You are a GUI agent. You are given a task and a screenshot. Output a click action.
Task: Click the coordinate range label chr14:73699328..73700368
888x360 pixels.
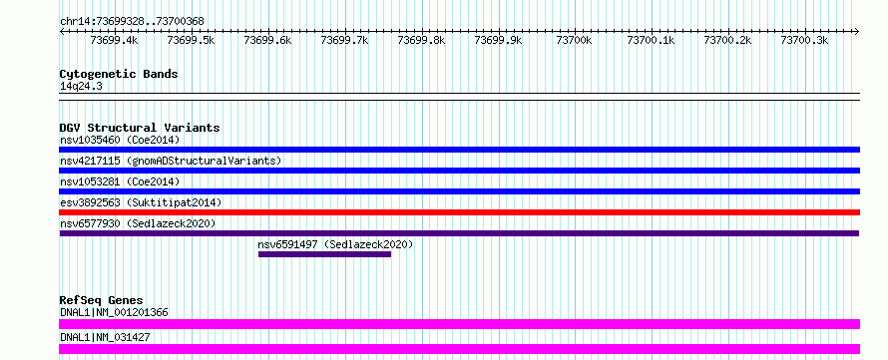(132, 22)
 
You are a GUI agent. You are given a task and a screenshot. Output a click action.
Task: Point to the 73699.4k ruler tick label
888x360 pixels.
(115, 40)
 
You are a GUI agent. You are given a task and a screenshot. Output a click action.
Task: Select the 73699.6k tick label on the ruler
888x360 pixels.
(267, 40)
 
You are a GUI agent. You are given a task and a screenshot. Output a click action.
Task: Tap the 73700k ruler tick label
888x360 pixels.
(575, 40)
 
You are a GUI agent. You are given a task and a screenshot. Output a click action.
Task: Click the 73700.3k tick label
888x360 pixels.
(805, 40)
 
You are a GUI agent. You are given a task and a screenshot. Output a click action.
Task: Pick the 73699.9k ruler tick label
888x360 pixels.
(498, 40)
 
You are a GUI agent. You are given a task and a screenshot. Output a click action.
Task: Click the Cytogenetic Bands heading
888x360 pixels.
(119, 74)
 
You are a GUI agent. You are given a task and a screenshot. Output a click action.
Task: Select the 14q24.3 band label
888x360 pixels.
(81, 87)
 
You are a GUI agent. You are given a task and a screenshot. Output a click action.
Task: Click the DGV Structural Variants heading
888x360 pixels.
(140, 128)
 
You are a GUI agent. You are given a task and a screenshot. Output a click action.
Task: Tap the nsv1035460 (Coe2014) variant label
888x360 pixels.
(120, 140)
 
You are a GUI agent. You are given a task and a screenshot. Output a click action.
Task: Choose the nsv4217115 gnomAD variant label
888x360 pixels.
(171, 161)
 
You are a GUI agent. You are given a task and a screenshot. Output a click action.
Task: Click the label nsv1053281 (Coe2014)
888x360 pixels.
(120, 181)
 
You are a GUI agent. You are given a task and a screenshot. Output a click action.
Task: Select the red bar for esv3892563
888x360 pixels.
(459, 212)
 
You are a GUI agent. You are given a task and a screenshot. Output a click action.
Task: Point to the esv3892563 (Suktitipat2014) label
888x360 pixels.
(141, 202)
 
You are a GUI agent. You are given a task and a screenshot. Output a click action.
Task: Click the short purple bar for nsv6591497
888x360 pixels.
(324, 254)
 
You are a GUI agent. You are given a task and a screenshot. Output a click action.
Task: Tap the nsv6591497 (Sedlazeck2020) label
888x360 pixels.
(336, 244)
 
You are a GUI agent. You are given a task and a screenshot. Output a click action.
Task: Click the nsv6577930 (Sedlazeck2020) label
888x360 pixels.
(138, 223)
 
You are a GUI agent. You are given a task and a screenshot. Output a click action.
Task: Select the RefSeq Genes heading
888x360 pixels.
(102, 300)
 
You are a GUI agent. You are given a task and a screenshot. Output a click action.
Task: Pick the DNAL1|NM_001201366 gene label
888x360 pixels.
(114, 312)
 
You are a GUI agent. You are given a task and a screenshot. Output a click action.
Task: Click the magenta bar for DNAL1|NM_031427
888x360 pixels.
(459, 349)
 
